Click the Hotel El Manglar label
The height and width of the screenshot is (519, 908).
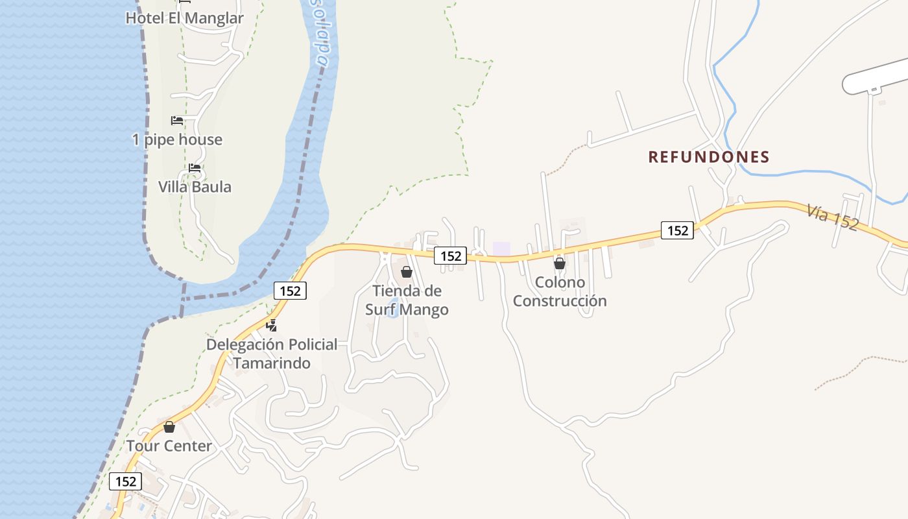tap(184, 18)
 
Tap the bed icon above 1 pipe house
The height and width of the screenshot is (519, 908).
tap(177, 121)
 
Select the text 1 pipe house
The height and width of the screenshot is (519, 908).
tap(177, 139)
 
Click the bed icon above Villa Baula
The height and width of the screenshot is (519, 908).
tap(195, 168)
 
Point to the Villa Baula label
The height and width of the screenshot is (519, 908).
tap(195, 187)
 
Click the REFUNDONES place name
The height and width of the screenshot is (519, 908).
tap(709, 157)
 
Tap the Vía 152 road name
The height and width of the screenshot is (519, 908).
tap(833, 217)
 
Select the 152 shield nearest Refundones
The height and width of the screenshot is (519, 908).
tap(677, 230)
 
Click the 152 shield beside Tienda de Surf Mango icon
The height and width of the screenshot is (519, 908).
tap(450, 256)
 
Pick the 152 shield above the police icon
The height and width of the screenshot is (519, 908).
tap(290, 291)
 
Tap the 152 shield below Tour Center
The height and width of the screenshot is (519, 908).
tap(125, 481)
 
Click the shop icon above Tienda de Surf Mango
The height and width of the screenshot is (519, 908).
tap(407, 272)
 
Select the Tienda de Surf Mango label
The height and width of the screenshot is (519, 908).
tap(407, 300)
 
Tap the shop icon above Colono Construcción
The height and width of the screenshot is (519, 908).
tap(559, 263)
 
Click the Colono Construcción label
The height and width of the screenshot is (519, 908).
tap(560, 292)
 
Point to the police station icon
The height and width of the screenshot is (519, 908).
tap(272, 325)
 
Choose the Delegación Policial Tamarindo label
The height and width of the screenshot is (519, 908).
tap(272, 354)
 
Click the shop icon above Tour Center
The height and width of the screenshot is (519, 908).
tap(169, 427)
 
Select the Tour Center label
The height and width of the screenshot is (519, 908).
tap(169, 446)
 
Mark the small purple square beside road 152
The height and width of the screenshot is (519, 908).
tap(501, 248)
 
